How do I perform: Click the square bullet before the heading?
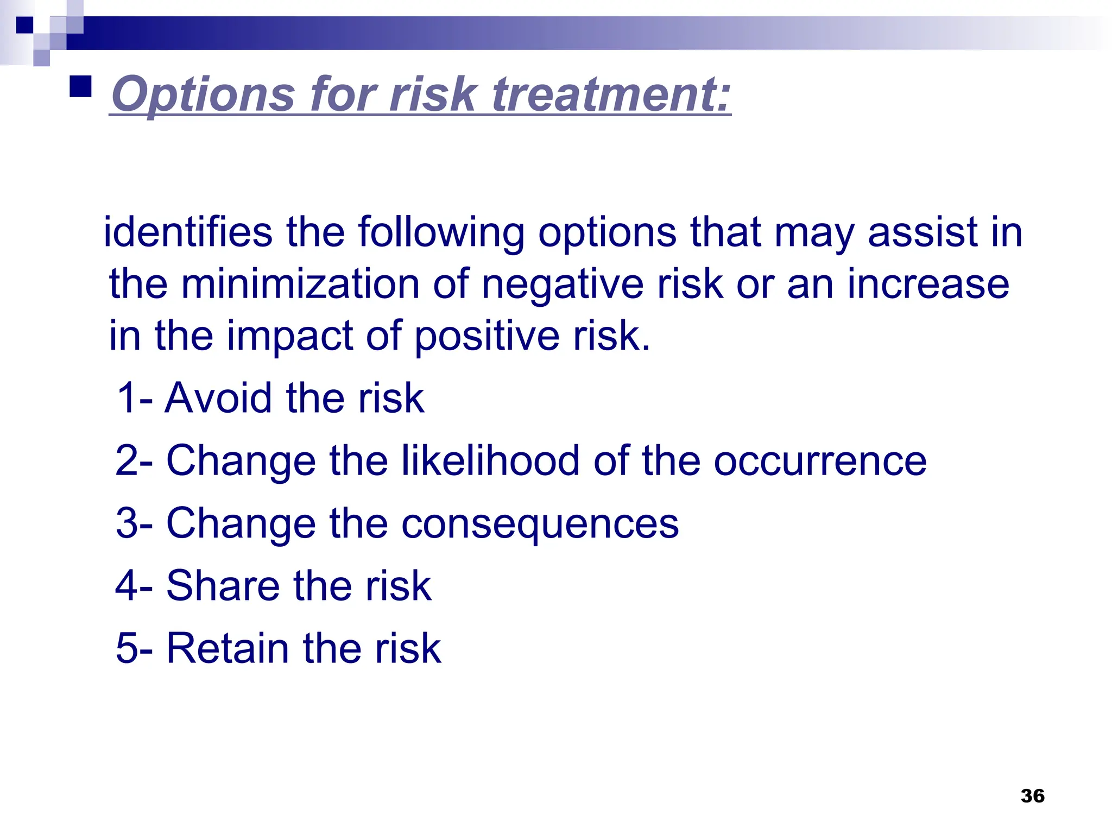pos(81,86)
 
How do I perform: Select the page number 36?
pos(1032,796)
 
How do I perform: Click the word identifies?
pos(187,232)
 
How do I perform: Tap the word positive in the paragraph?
pos(486,337)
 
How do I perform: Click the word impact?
pos(290,337)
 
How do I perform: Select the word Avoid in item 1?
pos(218,398)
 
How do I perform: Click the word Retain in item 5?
pos(228,648)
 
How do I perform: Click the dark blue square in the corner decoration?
pos(24,25)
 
